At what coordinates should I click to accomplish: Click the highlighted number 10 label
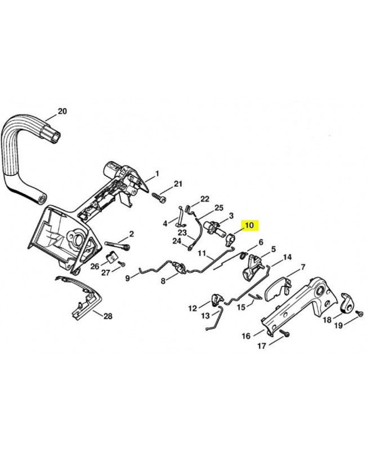click(250, 225)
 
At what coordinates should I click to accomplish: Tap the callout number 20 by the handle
click(62, 111)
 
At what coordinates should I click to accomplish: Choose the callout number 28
click(108, 316)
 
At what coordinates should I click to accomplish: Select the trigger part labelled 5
click(251, 267)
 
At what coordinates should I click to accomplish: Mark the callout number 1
click(157, 174)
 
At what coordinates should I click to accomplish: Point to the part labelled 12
click(217, 299)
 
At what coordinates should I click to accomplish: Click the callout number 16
click(246, 335)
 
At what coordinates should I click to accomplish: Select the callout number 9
click(128, 278)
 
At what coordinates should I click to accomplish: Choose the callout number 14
click(287, 257)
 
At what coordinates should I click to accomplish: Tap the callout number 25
click(219, 207)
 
